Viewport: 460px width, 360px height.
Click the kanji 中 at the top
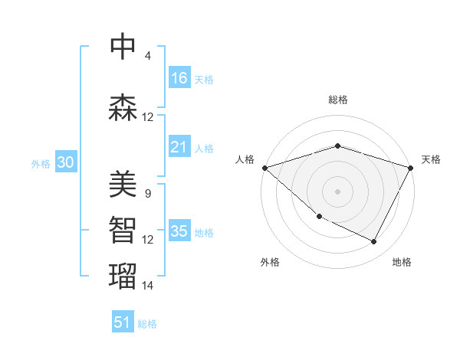coord(123,46)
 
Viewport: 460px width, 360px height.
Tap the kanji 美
coord(123,183)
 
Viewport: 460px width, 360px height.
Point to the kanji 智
coord(123,229)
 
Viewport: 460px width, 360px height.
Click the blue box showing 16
coord(179,77)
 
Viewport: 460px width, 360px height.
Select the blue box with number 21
coord(179,147)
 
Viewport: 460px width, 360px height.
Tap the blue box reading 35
coord(179,231)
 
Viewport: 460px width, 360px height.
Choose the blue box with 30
coord(65,162)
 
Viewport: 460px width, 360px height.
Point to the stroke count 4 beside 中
coord(147,56)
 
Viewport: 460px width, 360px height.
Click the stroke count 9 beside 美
coord(147,194)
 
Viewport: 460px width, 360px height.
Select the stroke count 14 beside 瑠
coord(148,286)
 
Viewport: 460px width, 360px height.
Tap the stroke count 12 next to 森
coord(148,117)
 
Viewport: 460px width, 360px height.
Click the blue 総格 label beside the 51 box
coord(147,324)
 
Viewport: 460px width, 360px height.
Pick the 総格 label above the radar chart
coord(337,100)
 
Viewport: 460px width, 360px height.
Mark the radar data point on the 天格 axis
coord(411,168)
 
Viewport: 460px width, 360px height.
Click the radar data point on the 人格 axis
coord(264,168)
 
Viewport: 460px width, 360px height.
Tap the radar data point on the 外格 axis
coord(319,216)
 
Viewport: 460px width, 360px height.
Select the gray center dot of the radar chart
coord(337,191)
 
